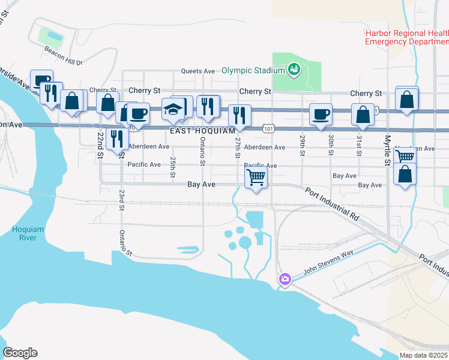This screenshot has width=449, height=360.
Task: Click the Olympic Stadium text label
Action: click(x=252, y=70)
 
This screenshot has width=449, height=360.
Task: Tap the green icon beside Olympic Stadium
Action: click(x=294, y=70)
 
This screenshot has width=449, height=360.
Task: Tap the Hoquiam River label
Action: click(x=23, y=233)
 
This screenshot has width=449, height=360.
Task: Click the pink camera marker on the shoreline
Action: click(x=285, y=279)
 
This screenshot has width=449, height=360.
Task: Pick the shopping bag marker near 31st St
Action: click(x=363, y=113)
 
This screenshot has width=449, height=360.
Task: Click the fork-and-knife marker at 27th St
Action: click(x=240, y=115)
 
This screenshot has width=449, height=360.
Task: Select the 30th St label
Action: click(x=331, y=145)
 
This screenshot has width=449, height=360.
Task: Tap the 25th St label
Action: click(x=172, y=163)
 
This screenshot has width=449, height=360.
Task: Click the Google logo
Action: click(x=20, y=353)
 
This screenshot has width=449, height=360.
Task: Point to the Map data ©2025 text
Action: click(x=424, y=355)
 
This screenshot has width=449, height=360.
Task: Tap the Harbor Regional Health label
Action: click(x=406, y=33)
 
